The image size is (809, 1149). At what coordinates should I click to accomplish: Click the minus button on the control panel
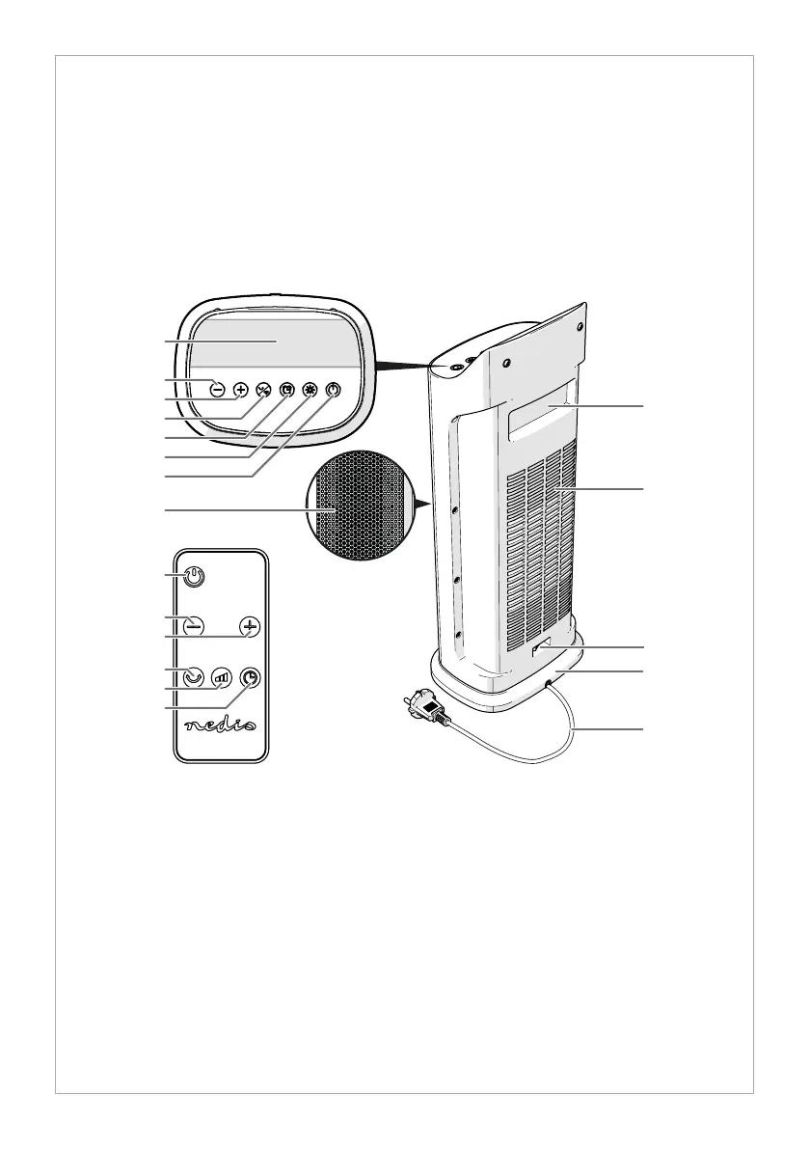coord(217,390)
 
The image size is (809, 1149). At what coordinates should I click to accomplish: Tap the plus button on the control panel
coord(241,390)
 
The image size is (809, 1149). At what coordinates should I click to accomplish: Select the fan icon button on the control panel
coord(263,390)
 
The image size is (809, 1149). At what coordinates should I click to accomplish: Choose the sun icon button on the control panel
coord(310,390)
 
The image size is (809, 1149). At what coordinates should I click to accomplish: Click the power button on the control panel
coord(333,390)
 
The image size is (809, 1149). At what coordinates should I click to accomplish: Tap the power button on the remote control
coord(195,576)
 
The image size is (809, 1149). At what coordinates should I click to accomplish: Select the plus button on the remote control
coord(250,625)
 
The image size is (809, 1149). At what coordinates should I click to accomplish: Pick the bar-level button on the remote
coord(223,677)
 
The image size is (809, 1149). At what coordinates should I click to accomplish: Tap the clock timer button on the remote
coord(250,677)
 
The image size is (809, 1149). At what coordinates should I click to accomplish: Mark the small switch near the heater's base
coord(538,652)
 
